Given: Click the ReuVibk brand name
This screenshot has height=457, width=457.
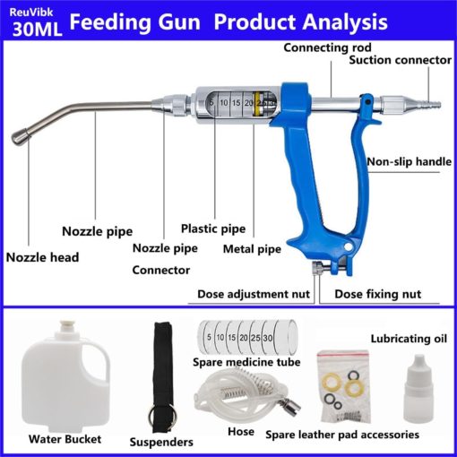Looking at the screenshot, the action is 31,13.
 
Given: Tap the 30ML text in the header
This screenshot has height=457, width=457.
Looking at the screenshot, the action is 38,30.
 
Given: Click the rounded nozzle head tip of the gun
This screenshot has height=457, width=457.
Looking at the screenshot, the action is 21,136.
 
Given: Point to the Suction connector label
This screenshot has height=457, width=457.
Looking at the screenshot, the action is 401,60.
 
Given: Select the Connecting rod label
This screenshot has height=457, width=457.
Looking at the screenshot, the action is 327,47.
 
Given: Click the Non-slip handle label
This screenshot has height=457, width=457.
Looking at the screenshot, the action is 410,161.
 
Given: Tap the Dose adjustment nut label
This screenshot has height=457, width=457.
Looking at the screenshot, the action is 254,294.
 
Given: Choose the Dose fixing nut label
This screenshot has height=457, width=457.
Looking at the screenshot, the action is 378,294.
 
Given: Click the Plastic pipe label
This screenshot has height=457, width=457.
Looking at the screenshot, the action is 213,228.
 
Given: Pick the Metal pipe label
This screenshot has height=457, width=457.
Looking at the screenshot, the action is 252,249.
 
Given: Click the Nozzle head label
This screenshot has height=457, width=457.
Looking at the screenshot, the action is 42,257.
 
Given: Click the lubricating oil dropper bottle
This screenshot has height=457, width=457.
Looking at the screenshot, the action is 418,388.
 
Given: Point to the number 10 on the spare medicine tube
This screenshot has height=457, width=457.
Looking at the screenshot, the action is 220,338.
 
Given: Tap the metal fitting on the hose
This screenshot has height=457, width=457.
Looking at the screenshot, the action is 290,406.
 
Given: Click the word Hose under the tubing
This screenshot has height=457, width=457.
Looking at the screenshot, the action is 241,432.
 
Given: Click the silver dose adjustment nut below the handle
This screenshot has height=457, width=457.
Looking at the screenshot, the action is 318,267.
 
